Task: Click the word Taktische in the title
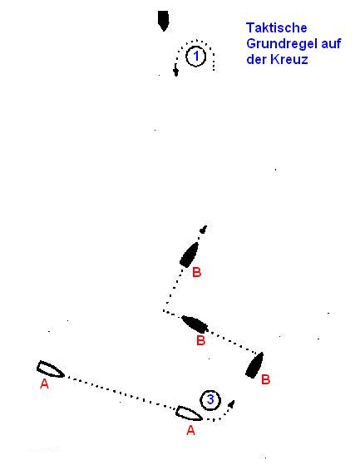pyautogui.click(x=276, y=28)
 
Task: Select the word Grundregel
pyautogui.click(x=281, y=44)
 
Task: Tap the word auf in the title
pyautogui.click(x=330, y=43)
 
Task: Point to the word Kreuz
pyautogui.click(x=289, y=59)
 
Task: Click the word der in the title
pyautogui.click(x=256, y=59)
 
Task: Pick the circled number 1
pyautogui.click(x=196, y=56)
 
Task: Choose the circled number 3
pyautogui.click(x=210, y=400)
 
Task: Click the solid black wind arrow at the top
pyautogui.click(x=164, y=21)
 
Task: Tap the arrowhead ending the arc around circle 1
pyautogui.click(x=175, y=72)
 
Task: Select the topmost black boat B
pyautogui.click(x=190, y=255)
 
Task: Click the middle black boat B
pyautogui.click(x=195, y=324)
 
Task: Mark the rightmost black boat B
pyautogui.click(x=254, y=365)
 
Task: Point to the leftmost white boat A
pyautogui.click(x=50, y=369)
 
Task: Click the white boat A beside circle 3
pyautogui.click(x=190, y=413)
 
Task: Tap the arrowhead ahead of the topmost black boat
pyautogui.click(x=204, y=229)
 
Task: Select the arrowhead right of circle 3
pyautogui.click(x=231, y=404)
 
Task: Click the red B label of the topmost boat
pyautogui.click(x=196, y=272)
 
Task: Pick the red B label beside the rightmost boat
pyautogui.click(x=265, y=379)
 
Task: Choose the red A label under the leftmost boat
pyautogui.click(x=44, y=383)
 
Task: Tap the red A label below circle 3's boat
pyautogui.click(x=190, y=430)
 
